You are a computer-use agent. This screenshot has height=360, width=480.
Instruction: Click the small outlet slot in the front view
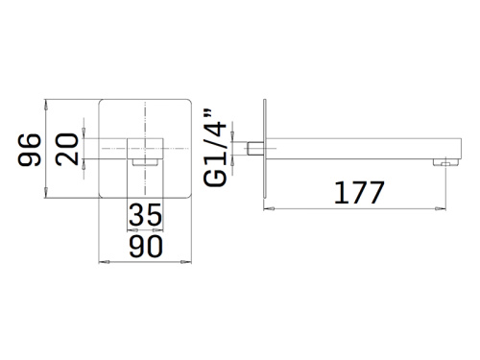pos(146,163)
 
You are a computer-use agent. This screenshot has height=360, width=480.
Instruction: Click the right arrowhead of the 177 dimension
pos(446,208)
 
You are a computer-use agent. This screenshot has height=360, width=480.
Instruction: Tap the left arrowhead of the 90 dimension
pos(104,259)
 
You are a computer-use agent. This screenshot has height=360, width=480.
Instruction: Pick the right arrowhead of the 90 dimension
pos(189,259)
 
